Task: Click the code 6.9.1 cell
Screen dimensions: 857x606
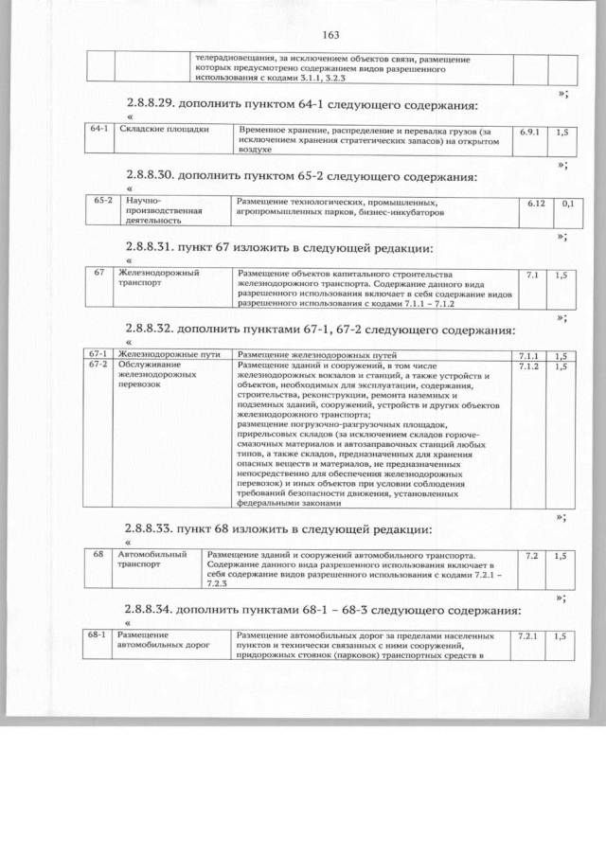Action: (529, 132)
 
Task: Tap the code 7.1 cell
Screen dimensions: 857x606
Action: (531, 275)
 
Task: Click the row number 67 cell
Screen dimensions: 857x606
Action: (98, 273)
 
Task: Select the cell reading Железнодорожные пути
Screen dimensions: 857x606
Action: (169, 354)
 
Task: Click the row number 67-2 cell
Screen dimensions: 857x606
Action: (99, 365)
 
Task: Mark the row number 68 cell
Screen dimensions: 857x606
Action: (98, 554)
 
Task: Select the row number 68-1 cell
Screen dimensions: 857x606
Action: (97, 634)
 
